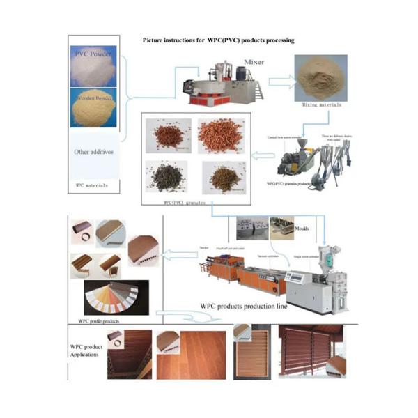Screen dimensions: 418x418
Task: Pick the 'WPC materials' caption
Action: pyautogui.click(x=91, y=185)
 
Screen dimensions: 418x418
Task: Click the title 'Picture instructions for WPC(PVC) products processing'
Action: pyautogui.click(x=218, y=41)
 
